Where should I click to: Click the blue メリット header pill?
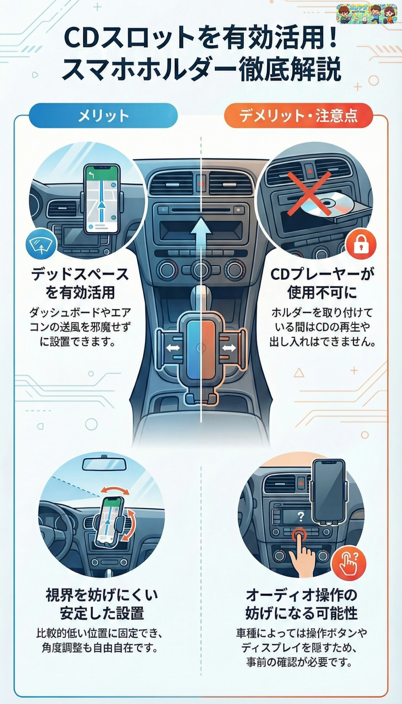[x=103, y=116]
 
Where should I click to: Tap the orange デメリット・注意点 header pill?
[x=298, y=116]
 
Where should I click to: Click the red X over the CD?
[x=309, y=193]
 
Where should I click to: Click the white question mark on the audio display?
[x=301, y=516]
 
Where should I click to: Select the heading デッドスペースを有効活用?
[x=80, y=284]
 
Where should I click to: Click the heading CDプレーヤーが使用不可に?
[x=322, y=284]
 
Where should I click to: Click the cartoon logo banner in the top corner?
[x=367, y=14]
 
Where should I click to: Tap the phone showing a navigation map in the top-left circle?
[x=102, y=199]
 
